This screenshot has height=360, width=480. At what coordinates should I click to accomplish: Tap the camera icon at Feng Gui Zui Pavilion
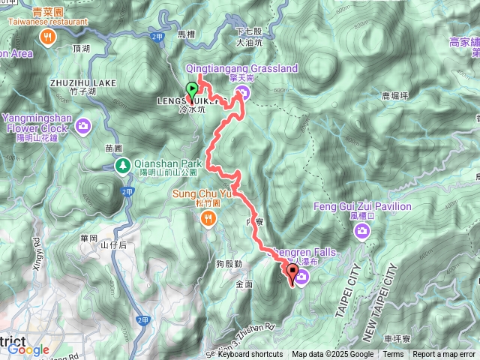click(x=363, y=231)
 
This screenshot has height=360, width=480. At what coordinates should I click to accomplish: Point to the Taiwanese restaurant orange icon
click(x=48, y=37)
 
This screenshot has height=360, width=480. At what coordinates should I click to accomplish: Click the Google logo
click(x=28, y=349)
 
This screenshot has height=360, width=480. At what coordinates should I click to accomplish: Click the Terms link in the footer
click(x=393, y=355)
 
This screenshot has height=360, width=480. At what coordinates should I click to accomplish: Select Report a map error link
click(x=444, y=355)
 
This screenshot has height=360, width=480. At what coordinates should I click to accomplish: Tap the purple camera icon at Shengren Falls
click(x=302, y=278)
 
